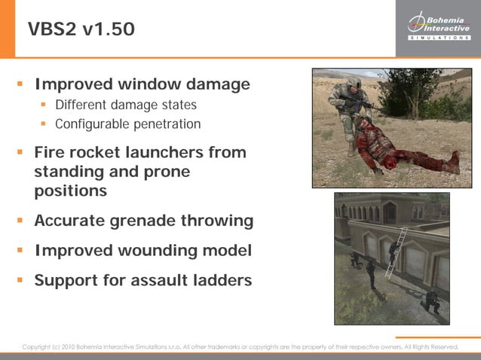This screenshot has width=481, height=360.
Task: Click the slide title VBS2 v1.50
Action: (x=81, y=29)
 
